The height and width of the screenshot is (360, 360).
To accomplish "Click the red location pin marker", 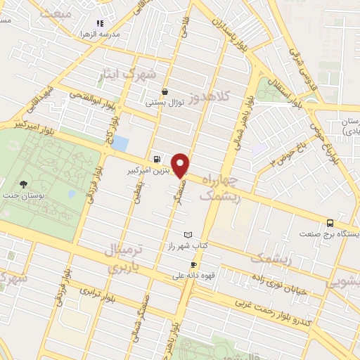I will (181, 165).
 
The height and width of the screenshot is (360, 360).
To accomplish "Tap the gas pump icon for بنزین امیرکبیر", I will (156, 160).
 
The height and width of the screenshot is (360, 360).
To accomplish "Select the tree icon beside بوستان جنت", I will (23, 184).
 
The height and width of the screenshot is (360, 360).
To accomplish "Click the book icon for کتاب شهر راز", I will (187, 234).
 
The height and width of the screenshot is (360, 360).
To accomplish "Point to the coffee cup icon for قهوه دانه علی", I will (193, 264).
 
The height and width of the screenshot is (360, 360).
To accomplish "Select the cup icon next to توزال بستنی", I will (165, 91).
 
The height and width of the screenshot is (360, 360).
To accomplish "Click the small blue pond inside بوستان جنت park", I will (72, 193).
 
